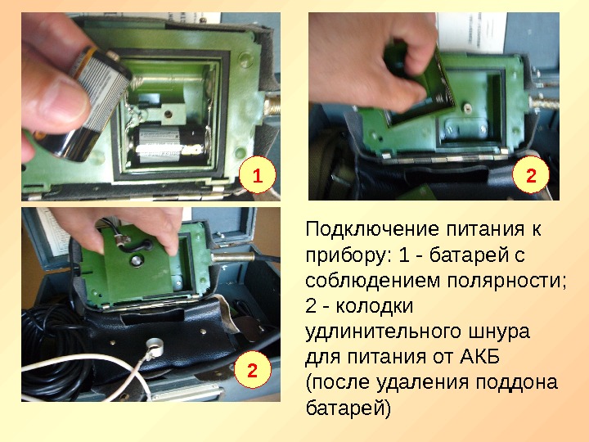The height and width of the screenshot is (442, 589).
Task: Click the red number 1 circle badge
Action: click(x=258, y=175)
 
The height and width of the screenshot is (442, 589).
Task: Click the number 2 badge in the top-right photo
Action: click(x=531, y=175)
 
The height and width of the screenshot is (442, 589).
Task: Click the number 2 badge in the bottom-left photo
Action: click(x=252, y=370)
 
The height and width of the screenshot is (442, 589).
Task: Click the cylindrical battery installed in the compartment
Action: click(x=169, y=144)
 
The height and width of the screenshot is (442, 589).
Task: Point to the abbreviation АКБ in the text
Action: click(x=479, y=357)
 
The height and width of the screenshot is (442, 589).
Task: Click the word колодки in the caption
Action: click(x=374, y=306)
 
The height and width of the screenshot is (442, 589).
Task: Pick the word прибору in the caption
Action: click(x=349, y=255)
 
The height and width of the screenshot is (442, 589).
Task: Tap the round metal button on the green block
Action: click(x=137, y=261)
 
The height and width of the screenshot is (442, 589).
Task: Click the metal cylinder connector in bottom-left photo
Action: click(x=233, y=258)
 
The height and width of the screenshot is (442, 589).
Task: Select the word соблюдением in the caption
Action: click(x=372, y=281)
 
